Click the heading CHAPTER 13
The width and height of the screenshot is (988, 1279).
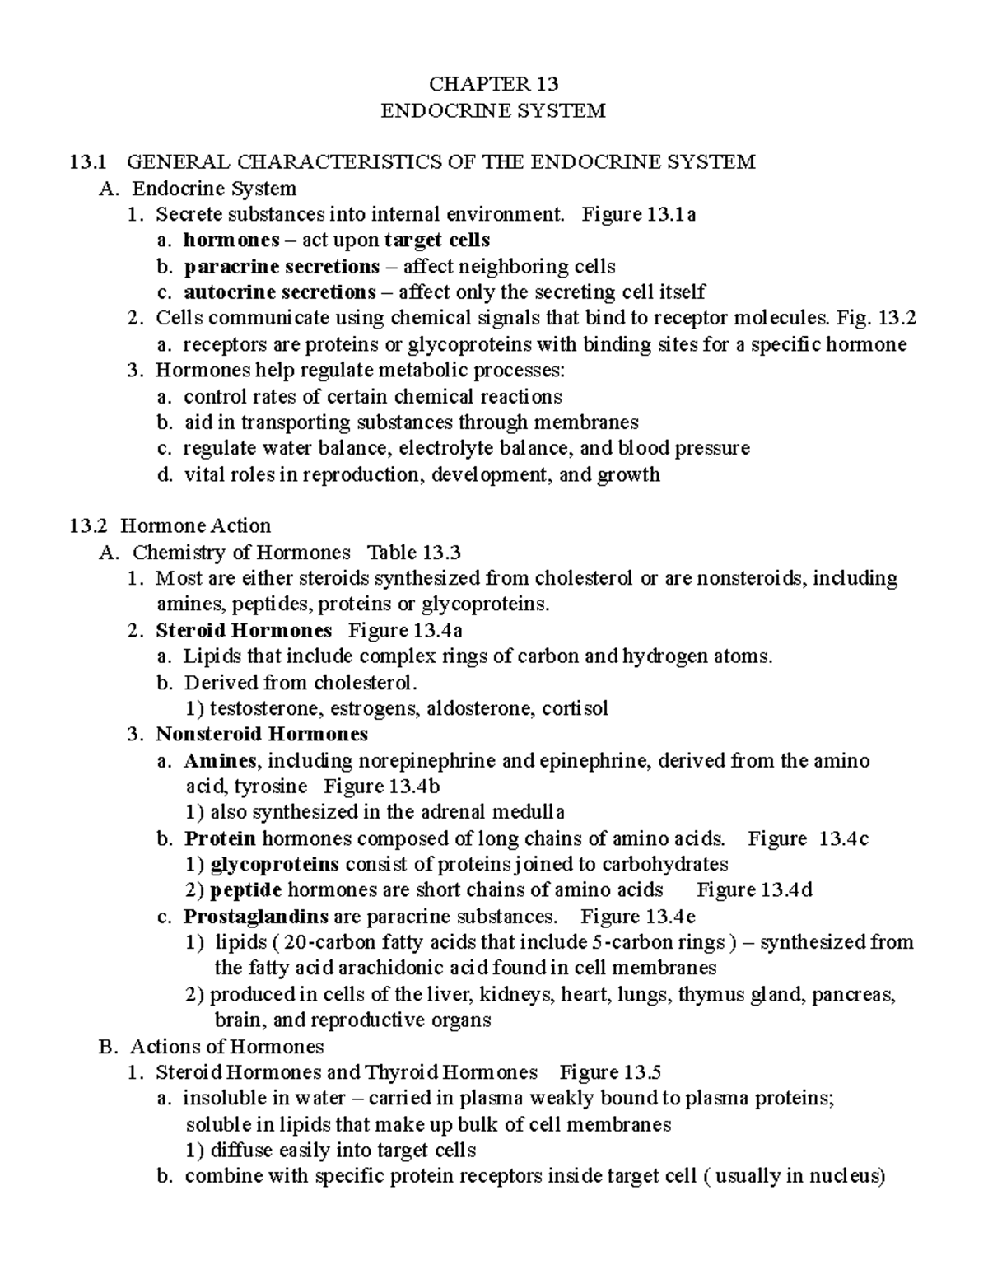(494, 83)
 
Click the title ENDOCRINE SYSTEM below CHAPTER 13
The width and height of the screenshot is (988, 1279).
(493, 110)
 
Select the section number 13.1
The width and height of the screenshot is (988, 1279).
(86, 162)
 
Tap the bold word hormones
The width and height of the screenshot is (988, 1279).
(231, 240)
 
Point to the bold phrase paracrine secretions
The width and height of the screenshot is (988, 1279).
(282, 267)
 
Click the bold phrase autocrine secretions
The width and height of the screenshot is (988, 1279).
(279, 292)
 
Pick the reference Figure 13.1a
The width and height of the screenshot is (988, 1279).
(638, 215)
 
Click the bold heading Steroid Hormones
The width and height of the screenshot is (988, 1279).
(244, 631)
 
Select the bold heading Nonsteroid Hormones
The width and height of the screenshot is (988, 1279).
(261, 734)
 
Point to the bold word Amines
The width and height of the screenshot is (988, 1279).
(220, 760)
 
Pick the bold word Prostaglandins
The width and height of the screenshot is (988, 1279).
(256, 917)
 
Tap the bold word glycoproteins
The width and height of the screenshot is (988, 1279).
(275, 865)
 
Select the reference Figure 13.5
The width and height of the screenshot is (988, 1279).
(610, 1072)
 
